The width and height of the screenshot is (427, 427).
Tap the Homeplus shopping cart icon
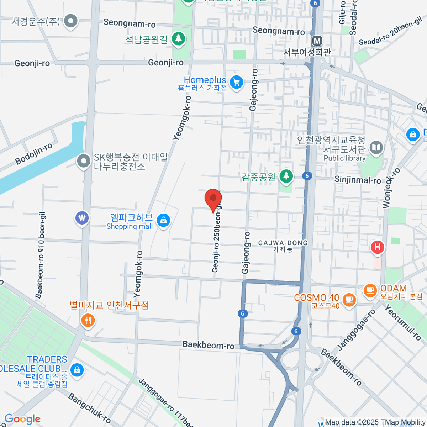tap(236, 83)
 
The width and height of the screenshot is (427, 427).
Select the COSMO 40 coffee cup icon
tap(349, 299)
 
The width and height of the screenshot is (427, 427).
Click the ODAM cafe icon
tap(370, 290)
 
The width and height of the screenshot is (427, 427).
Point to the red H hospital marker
tap(377, 247)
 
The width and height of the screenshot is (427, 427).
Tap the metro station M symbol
tap(317, 41)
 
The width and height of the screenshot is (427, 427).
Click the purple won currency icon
tap(82, 217)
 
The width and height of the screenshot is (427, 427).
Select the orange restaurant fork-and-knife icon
tap(88, 321)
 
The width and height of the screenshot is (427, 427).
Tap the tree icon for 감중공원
tap(286, 176)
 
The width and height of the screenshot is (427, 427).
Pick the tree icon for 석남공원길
tap(179, 39)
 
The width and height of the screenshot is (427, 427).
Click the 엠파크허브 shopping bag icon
tap(163, 220)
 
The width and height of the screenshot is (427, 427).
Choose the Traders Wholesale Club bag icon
tap(77, 370)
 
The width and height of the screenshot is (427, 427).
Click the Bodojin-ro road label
tap(34, 154)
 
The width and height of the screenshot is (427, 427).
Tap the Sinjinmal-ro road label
tap(357, 180)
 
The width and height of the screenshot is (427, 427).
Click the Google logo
tap(22, 419)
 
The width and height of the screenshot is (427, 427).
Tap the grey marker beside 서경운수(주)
tap(71, 21)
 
